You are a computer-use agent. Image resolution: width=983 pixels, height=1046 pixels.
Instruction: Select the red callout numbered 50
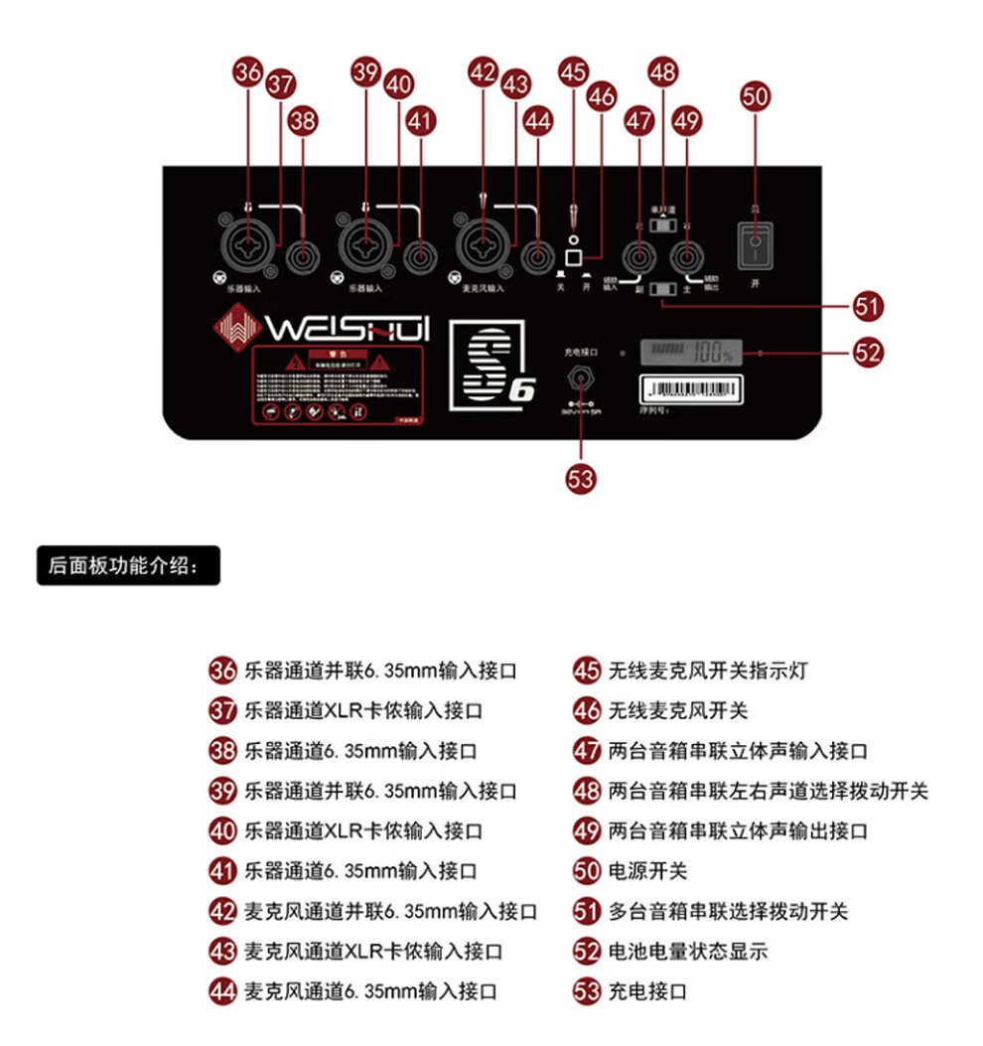756,95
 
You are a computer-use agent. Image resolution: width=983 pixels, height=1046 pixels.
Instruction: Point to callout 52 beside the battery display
868,352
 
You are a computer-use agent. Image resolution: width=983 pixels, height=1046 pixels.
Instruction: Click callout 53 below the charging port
581,479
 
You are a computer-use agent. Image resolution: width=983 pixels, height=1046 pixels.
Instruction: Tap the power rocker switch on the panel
756,243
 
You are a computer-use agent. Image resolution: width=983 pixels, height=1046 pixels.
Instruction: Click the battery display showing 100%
693,352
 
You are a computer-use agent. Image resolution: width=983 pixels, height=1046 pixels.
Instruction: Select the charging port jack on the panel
580,379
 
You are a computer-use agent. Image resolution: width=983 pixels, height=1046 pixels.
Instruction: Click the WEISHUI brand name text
348,327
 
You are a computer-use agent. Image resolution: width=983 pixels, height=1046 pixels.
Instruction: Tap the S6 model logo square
493,365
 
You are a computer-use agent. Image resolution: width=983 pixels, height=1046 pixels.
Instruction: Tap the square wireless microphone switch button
574,258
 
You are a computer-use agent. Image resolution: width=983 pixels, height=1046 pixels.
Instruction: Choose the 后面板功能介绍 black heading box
128,567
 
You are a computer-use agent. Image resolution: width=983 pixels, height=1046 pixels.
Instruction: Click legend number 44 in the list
222,991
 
